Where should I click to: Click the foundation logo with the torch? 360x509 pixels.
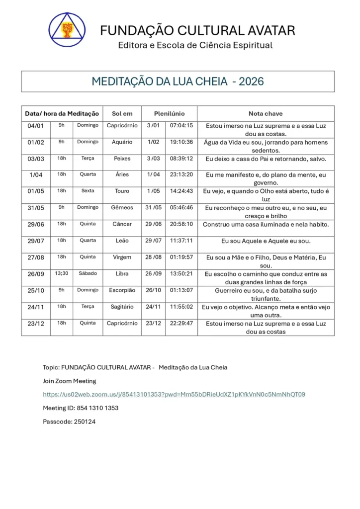tap(67, 29)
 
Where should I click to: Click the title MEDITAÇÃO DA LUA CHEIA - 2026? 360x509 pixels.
tap(178, 82)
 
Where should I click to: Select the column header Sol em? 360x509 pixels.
tap(122, 114)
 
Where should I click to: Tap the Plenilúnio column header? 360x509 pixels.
tap(169, 114)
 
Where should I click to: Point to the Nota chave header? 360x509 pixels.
tap(266, 114)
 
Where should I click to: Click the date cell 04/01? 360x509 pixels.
tap(36, 126)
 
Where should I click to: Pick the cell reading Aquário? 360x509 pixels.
tap(122, 142)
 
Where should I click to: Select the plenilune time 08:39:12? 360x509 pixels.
tap(181, 159)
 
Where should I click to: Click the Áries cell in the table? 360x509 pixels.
tap(122, 174)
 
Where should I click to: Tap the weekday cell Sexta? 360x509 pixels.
tap(88, 191)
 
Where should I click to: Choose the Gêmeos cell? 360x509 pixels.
tap(122, 207)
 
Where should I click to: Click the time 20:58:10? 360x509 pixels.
tap(181, 224)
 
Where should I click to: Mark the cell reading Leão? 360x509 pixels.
tap(122, 241)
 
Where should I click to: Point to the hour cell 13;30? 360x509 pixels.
tap(62, 273)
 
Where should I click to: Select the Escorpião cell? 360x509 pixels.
tap(122, 290)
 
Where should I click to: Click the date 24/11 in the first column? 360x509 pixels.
tap(36, 307)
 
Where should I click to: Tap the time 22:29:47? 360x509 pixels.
tap(181, 323)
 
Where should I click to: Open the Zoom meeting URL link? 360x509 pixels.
tap(174, 395)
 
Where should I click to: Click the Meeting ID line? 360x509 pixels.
tap(81, 408)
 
